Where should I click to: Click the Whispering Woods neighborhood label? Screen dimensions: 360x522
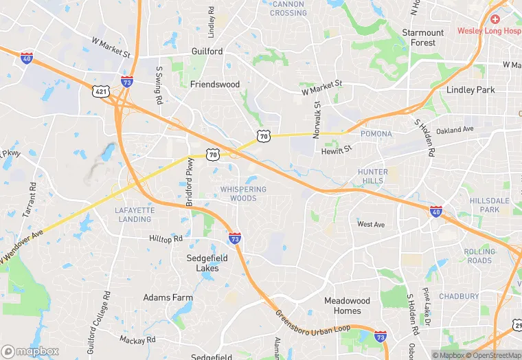(238, 194)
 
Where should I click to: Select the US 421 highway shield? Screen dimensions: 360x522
(100, 90)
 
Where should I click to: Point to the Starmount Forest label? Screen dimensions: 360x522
(423, 38)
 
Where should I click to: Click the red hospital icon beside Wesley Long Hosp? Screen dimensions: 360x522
(495, 19)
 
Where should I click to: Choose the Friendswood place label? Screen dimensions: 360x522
(215, 85)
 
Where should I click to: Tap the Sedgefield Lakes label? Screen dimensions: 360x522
(203, 263)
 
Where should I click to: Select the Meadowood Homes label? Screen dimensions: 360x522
(347, 306)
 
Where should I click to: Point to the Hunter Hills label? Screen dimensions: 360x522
(373, 176)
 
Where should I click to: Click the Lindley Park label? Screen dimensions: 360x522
(470, 90)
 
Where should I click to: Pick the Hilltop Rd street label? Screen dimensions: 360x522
(166, 238)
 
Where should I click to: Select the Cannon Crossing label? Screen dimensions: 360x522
(288, 8)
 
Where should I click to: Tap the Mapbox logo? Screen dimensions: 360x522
(31, 351)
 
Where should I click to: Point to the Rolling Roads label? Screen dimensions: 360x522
(479, 256)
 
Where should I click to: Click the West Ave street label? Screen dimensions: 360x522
(371, 224)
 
